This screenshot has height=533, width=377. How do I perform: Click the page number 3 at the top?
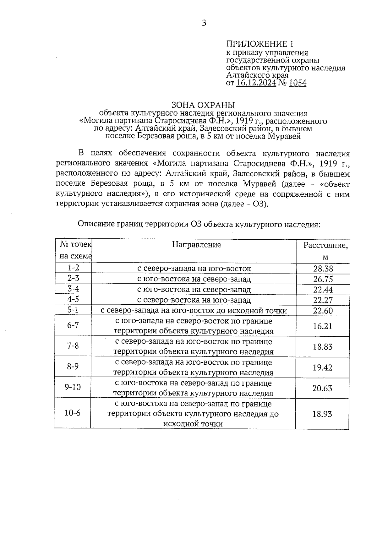pyautogui.click(x=204, y=23)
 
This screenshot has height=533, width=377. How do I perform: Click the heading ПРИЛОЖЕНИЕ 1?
pyautogui.click(x=261, y=44)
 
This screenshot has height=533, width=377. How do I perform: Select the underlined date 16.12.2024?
pyautogui.click(x=256, y=83)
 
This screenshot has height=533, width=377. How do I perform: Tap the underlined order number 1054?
pyautogui.click(x=297, y=83)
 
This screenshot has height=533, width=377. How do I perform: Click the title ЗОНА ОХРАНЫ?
pyautogui.click(x=203, y=105)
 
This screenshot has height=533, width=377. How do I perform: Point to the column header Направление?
pyautogui.click(x=196, y=245)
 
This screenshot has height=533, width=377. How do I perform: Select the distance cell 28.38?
pyautogui.click(x=323, y=269)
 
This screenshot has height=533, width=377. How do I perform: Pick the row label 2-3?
pyautogui.click(x=73, y=279)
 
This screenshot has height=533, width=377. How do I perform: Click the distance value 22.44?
pyautogui.click(x=323, y=290)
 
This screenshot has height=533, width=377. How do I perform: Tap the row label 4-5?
pyautogui.click(x=73, y=299)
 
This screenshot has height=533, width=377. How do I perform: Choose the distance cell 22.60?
pyautogui.click(x=323, y=311)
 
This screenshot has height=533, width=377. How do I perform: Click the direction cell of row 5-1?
pyautogui.click(x=194, y=311)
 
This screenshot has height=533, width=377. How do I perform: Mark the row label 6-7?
pyautogui.click(x=73, y=325)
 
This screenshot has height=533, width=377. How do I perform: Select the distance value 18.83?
pyautogui.click(x=322, y=347)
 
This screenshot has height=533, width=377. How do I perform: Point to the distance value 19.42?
pyautogui.click(x=322, y=367)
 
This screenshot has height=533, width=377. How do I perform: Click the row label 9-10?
pyautogui.click(x=73, y=387)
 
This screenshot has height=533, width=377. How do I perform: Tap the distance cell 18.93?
pyautogui.click(x=322, y=414)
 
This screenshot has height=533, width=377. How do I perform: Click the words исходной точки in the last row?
pyautogui.click(x=193, y=424)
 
